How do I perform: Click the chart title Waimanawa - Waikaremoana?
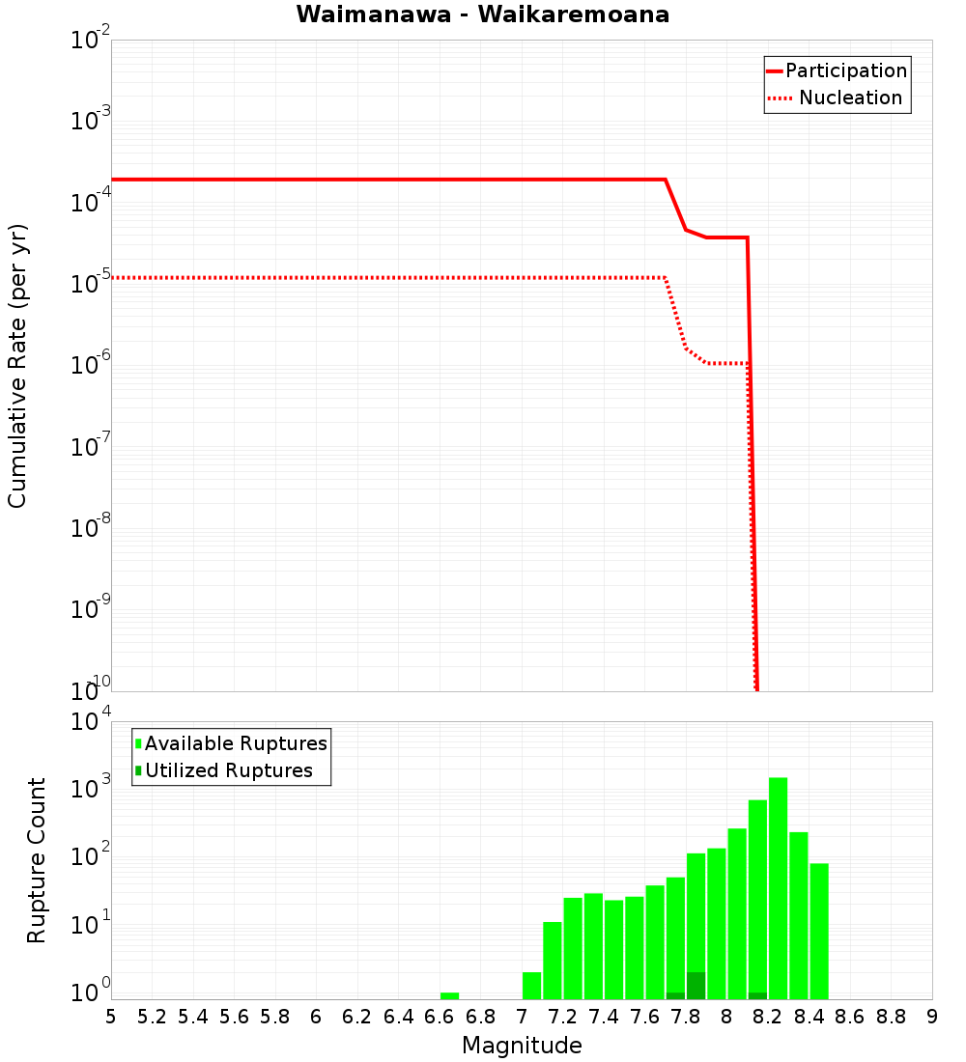(482, 14)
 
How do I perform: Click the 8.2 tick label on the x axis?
(768, 1018)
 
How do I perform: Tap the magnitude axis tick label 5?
(111, 1018)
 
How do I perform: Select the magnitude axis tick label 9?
(932, 1018)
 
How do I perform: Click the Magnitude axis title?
(522, 1046)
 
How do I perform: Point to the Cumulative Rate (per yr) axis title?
(17, 365)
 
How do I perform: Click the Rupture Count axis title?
(37, 860)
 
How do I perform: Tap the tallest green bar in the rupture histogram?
(778, 888)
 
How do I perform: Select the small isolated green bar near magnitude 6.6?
(449, 995)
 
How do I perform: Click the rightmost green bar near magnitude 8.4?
(819, 931)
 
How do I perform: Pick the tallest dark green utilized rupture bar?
(696, 986)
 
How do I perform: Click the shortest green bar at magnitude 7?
(531, 986)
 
